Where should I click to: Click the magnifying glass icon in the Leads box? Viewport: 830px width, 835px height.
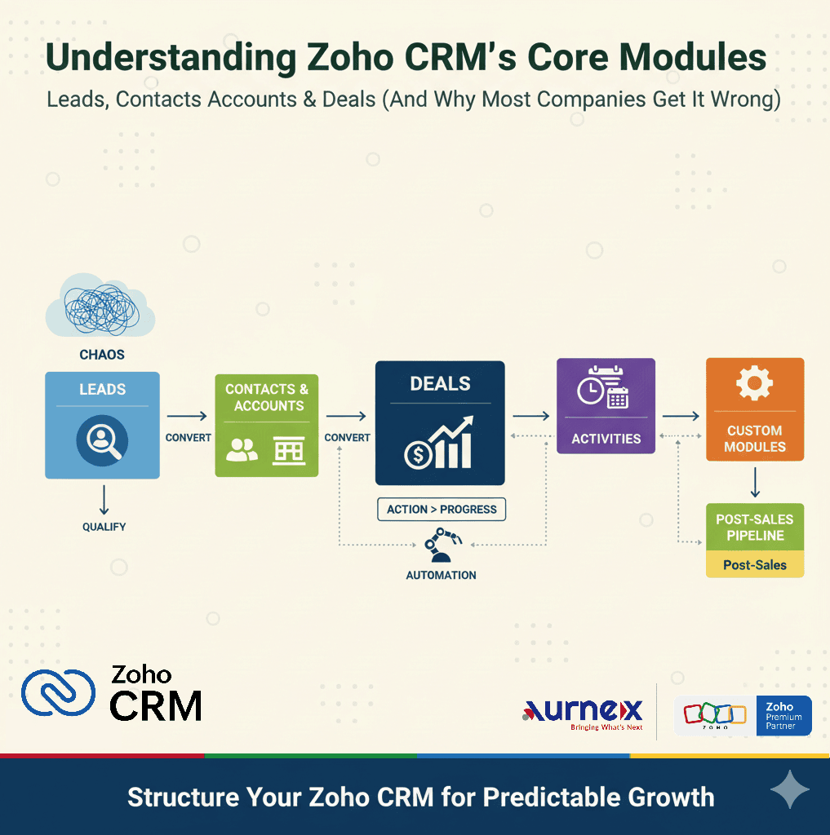102,440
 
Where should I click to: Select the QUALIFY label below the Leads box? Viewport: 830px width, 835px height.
104,527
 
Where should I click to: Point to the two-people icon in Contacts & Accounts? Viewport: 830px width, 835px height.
242,450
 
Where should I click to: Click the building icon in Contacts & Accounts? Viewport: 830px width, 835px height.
288,450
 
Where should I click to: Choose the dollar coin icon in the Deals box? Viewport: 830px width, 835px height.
418,454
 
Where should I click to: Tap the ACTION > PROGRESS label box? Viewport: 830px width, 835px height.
442,510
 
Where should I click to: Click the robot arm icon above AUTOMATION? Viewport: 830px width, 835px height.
442,545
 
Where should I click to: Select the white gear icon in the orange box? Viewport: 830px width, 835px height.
754,383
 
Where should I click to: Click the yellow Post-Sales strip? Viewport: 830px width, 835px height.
755,564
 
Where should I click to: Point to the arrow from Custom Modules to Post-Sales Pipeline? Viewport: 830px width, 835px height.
755,482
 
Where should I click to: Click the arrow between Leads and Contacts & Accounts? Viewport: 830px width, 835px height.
187,417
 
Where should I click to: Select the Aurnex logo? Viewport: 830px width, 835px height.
582,713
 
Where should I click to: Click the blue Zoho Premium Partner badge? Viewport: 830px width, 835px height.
784,715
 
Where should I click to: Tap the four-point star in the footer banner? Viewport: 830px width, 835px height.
790,791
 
